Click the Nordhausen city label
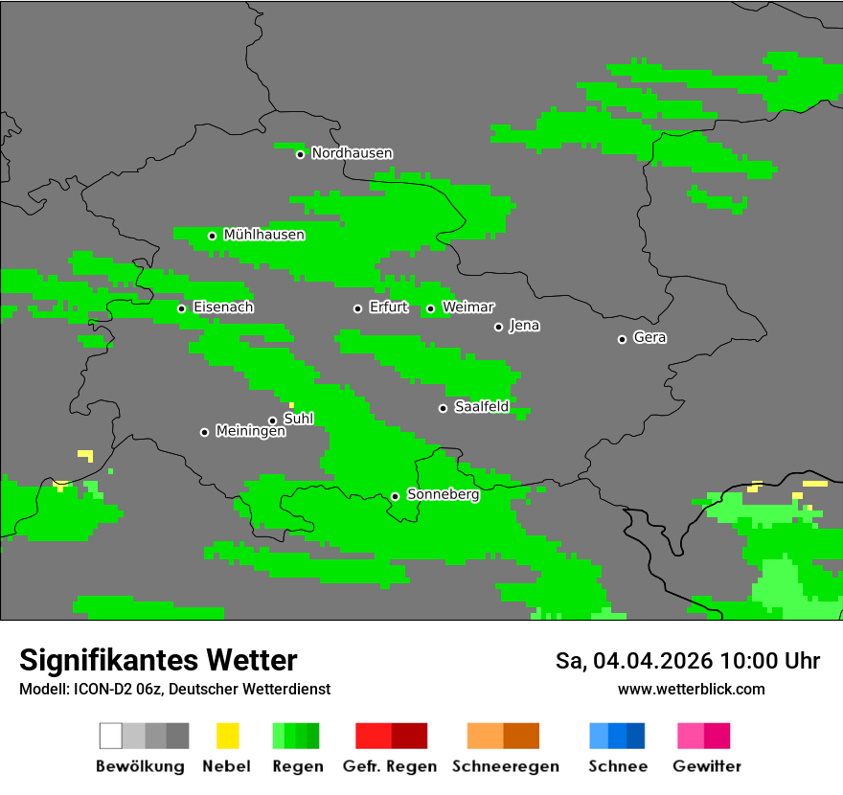pyautogui.click(x=352, y=153)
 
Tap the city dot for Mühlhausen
pyautogui.click(x=212, y=236)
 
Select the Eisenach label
pyautogui.click(x=223, y=307)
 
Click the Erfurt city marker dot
pyautogui.click(x=357, y=308)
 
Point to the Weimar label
pyautogui.click(x=467, y=307)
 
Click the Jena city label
pyautogui.click(x=524, y=326)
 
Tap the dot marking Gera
pyautogui.click(x=622, y=339)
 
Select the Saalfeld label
pyautogui.click(x=481, y=407)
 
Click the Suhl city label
pyautogui.click(x=299, y=419)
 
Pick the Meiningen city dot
pyautogui.click(x=204, y=432)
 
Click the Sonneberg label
pyautogui.click(x=443, y=495)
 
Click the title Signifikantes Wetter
pyautogui.click(x=158, y=660)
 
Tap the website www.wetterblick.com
pyautogui.click(x=691, y=689)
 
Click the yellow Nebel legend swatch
pyautogui.click(x=227, y=736)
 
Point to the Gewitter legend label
pyautogui.click(x=706, y=766)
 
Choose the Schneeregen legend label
pyautogui.click(x=505, y=766)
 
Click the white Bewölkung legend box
pyautogui.click(x=110, y=736)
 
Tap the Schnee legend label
pyautogui.click(x=617, y=766)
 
